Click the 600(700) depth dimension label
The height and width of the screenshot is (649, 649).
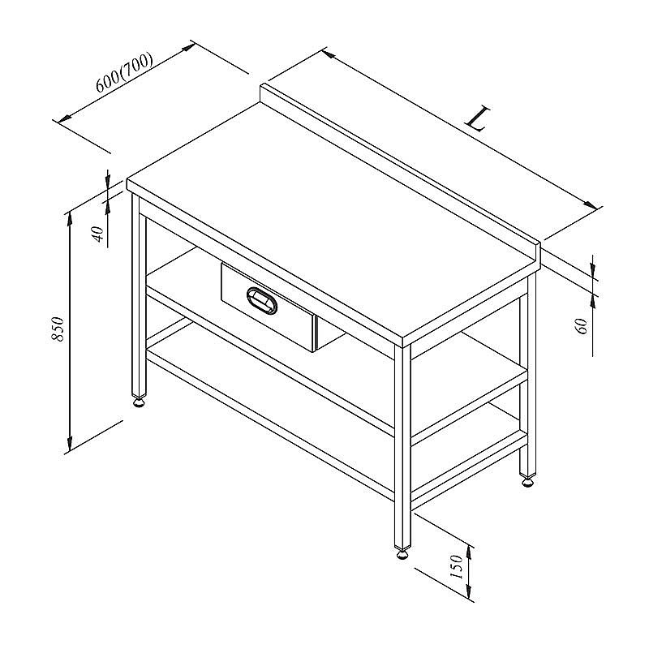[124, 72]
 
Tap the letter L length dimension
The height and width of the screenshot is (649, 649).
[478, 118]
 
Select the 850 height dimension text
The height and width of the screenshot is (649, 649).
[58, 329]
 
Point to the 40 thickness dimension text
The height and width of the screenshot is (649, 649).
[98, 234]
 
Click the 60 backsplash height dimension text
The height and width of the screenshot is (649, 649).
[582, 326]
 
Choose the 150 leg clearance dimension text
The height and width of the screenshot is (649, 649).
[456, 567]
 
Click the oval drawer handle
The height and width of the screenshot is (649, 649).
[261, 300]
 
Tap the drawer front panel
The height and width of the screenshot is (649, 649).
[269, 307]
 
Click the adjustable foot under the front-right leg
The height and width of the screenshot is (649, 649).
[402, 553]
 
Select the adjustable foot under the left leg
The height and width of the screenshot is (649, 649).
[140, 402]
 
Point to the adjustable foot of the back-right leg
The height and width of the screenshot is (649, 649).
[527, 481]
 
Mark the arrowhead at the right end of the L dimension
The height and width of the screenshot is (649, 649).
[591, 204]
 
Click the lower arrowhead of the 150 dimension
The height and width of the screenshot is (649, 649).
[469, 591]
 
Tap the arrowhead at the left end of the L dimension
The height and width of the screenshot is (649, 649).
[329, 54]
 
